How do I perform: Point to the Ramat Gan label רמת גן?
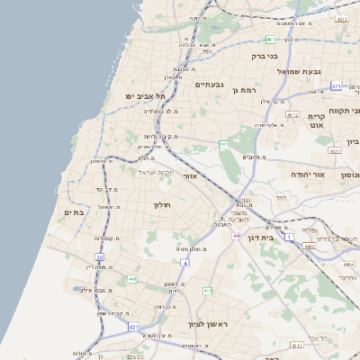tap(243, 90)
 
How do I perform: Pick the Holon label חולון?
tap(162, 205)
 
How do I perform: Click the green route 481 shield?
tap(270, 40)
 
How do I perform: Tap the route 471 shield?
tap(335, 86)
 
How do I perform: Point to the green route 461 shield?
tap(223, 144)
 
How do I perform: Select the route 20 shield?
tap(99, 257)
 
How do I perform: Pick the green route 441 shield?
tap(132, 279)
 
